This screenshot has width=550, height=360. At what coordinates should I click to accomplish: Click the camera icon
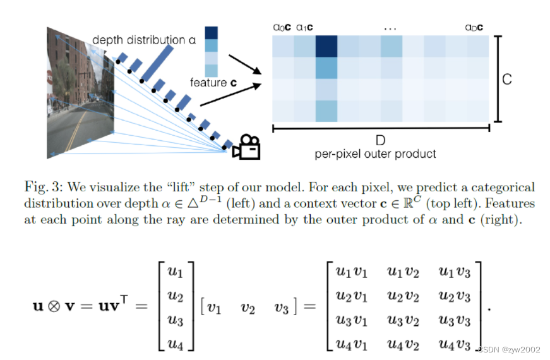click(246, 147)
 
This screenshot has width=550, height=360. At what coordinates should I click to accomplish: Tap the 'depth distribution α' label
click(144, 40)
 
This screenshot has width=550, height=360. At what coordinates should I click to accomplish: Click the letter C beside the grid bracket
click(506, 80)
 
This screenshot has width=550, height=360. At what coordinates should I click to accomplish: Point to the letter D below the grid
click(380, 140)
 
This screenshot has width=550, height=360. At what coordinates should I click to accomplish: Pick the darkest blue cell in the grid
click(326, 47)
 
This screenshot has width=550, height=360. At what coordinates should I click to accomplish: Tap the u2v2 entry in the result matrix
click(402, 296)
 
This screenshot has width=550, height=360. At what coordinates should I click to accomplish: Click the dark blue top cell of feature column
click(212, 33)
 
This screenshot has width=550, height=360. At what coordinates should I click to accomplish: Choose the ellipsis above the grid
click(390, 28)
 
